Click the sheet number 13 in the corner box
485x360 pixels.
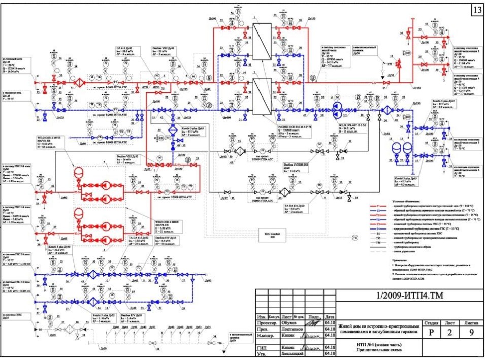pos(477,10)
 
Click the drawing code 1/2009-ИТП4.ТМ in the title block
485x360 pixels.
pos(399,297)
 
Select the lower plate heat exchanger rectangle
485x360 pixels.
pos(263,96)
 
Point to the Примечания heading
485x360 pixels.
pos(399,259)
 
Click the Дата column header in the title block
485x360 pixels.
pos(330,315)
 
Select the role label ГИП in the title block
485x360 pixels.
pos(262,347)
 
